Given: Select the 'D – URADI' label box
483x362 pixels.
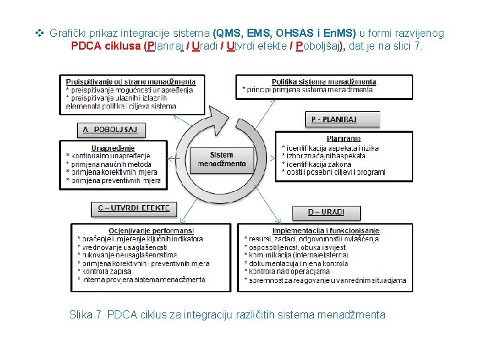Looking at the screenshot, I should point(326,213).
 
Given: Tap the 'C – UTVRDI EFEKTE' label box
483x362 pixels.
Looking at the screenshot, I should point(134,208).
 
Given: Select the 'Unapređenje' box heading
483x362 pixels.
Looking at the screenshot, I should point(113,148).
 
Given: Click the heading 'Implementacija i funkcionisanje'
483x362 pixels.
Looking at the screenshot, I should point(325,231).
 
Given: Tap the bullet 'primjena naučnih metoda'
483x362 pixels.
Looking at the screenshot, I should point(111,164).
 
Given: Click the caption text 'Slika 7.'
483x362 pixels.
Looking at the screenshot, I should point(86,314).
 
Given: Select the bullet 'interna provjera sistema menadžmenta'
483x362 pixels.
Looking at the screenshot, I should point(142,279).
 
